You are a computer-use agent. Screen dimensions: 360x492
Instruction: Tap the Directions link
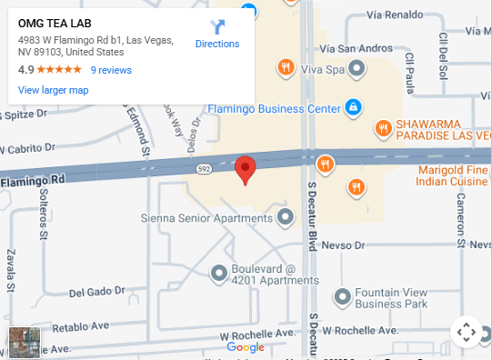[217, 44]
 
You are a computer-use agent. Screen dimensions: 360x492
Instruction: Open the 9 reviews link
[111, 70]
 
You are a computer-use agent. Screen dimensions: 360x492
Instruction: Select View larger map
[53, 90]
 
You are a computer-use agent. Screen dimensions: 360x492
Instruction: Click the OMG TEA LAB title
[55, 23]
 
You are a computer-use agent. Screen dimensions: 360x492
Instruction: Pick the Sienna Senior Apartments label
[206, 218]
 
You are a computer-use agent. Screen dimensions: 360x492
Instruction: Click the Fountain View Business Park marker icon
[343, 296]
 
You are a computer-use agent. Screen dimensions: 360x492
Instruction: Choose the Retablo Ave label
[81, 326]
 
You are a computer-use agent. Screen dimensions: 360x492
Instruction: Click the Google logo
[246, 346]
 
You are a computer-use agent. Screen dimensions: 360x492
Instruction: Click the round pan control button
[466, 332]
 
